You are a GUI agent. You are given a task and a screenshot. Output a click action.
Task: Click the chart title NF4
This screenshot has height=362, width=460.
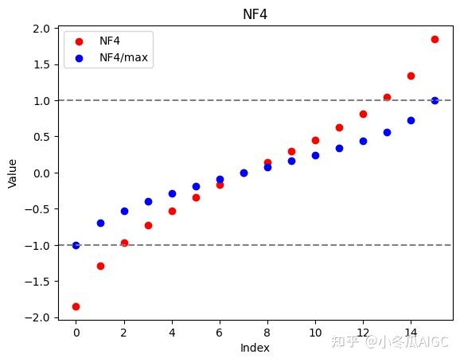255,14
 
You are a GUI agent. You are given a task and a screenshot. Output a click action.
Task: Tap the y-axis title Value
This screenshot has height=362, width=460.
12,173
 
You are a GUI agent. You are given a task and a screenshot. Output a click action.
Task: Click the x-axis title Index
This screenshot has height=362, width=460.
255,348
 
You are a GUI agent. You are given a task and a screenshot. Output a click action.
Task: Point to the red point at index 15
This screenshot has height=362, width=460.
435,39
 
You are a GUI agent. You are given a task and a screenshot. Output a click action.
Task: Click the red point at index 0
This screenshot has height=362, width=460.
76,306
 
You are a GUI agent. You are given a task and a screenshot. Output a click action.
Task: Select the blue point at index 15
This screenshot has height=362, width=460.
435,100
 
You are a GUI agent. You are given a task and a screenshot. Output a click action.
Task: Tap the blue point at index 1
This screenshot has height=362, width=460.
100,223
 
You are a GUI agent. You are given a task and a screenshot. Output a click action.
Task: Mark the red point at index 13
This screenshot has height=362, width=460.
387,97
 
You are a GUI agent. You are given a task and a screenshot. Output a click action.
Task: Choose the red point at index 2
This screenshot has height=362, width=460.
124,243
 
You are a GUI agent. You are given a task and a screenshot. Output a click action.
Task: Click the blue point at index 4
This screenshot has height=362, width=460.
172,193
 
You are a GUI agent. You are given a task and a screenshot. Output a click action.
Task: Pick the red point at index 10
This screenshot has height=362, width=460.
315,140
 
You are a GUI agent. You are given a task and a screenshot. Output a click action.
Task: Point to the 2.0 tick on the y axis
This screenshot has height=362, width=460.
42,29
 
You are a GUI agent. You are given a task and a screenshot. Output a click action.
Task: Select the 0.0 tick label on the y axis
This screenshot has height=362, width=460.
42,173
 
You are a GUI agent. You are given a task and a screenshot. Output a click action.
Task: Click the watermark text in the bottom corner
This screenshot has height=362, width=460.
390,343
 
